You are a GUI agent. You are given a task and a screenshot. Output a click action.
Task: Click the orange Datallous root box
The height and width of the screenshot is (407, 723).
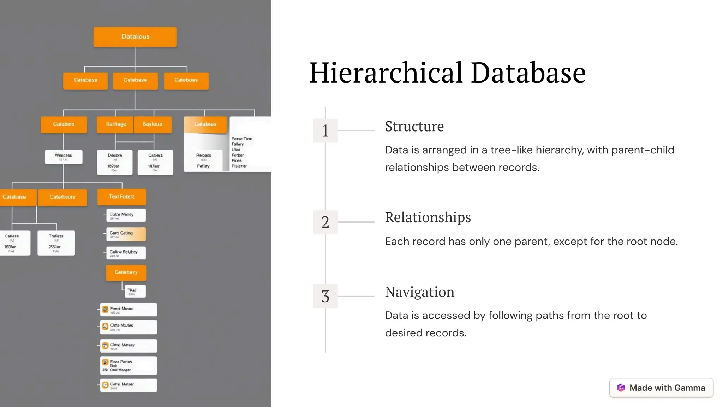pyautogui.click(x=135, y=37)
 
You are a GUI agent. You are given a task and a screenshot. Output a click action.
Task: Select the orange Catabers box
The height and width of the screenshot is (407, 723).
pyautogui.click(x=64, y=124)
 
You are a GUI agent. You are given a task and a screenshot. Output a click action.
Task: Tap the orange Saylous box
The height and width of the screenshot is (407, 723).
pyautogui.click(x=153, y=124)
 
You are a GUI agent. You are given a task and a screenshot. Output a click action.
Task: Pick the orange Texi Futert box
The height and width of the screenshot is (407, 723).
pyautogui.click(x=121, y=197)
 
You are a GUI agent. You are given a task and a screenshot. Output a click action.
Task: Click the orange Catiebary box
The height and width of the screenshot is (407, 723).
pyautogui.click(x=126, y=272)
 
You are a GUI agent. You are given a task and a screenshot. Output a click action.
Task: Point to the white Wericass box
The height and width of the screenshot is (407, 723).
pyautogui.click(x=64, y=157)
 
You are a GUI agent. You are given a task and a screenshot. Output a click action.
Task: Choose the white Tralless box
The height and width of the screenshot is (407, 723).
pyautogui.click(x=56, y=242)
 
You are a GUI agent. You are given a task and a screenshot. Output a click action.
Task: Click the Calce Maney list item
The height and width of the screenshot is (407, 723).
pyautogui.click(x=126, y=215)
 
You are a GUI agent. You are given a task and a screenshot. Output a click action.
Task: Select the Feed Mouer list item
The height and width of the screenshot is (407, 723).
pyautogui.click(x=128, y=310)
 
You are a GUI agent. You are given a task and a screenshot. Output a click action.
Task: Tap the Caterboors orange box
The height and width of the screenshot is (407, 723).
pyautogui.click(x=62, y=197)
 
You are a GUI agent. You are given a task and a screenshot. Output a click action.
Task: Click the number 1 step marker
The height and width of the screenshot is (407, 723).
pyautogui.click(x=325, y=130)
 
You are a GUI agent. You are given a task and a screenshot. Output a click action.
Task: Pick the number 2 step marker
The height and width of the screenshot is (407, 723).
pyautogui.click(x=325, y=222)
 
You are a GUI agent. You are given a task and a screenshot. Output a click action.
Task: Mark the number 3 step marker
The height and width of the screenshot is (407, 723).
pyautogui.click(x=325, y=296)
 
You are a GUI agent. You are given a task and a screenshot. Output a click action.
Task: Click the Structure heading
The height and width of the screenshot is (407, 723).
pyautogui.click(x=414, y=126)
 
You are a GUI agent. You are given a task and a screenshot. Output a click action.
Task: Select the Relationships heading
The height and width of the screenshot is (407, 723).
pyautogui.click(x=428, y=217)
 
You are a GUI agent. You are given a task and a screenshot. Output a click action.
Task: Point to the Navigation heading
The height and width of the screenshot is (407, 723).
pyautogui.click(x=419, y=292)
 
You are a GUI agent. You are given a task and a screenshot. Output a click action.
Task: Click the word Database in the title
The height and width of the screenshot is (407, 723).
pyautogui.click(x=528, y=73)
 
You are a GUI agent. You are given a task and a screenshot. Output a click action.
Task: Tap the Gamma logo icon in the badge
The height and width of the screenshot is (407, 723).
pyautogui.click(x=621, y=388)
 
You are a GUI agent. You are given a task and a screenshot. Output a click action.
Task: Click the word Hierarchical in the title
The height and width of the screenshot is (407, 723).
pyautogui.click(x=386, y=73)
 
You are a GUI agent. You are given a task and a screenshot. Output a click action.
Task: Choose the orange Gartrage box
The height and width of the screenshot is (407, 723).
pyautogui.click(x=116, y=124)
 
